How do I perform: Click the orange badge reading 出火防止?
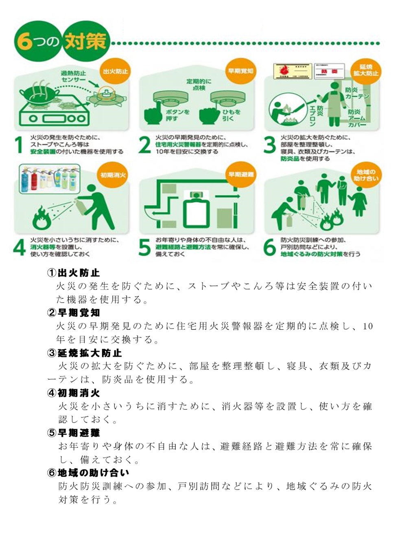pyautogui.click(x=115, y=71)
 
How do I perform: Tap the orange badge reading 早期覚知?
pyautogui.click(x=240, y=71)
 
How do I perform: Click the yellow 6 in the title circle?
pyautogui.click(x=25, y=42)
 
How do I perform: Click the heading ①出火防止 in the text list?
pyautogui.click(x=73, y=272)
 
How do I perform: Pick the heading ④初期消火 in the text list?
pyautogui.click(x=73, y=393)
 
